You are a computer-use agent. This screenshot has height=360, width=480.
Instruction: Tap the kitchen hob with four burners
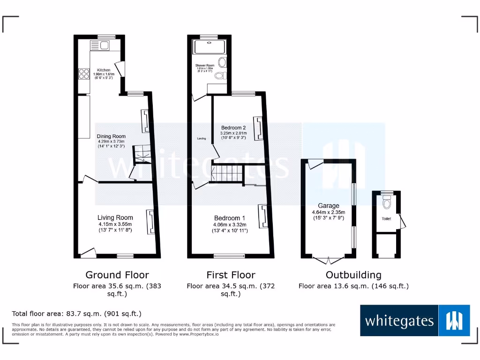click(84, 74)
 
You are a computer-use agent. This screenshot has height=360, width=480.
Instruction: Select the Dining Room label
click(112, 136)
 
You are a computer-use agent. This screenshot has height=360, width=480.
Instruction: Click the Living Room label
click(115, 217)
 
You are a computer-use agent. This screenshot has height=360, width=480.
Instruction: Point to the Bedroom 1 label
click(229, 218)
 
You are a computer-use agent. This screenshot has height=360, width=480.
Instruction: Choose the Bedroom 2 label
click(233, 127)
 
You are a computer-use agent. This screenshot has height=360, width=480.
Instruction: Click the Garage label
click(329, 206)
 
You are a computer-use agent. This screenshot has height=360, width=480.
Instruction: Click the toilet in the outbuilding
click(387, 203)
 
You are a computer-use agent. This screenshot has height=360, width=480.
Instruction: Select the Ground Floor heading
click(117, 275)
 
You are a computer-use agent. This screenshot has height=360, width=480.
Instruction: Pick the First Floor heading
click(231, 275)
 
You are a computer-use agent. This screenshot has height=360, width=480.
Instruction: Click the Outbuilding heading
click(353, 275)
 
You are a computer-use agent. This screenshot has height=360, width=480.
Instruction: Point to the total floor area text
click(76, 314)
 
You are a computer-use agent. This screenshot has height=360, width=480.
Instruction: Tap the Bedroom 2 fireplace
click(257, 128)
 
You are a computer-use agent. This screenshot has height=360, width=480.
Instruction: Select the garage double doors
click(329, 259)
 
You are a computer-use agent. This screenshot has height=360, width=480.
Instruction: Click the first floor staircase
click(227, 174)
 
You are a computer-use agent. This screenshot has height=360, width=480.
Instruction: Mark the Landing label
click(202, 138)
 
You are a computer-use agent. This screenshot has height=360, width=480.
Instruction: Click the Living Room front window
click(125, 256)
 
